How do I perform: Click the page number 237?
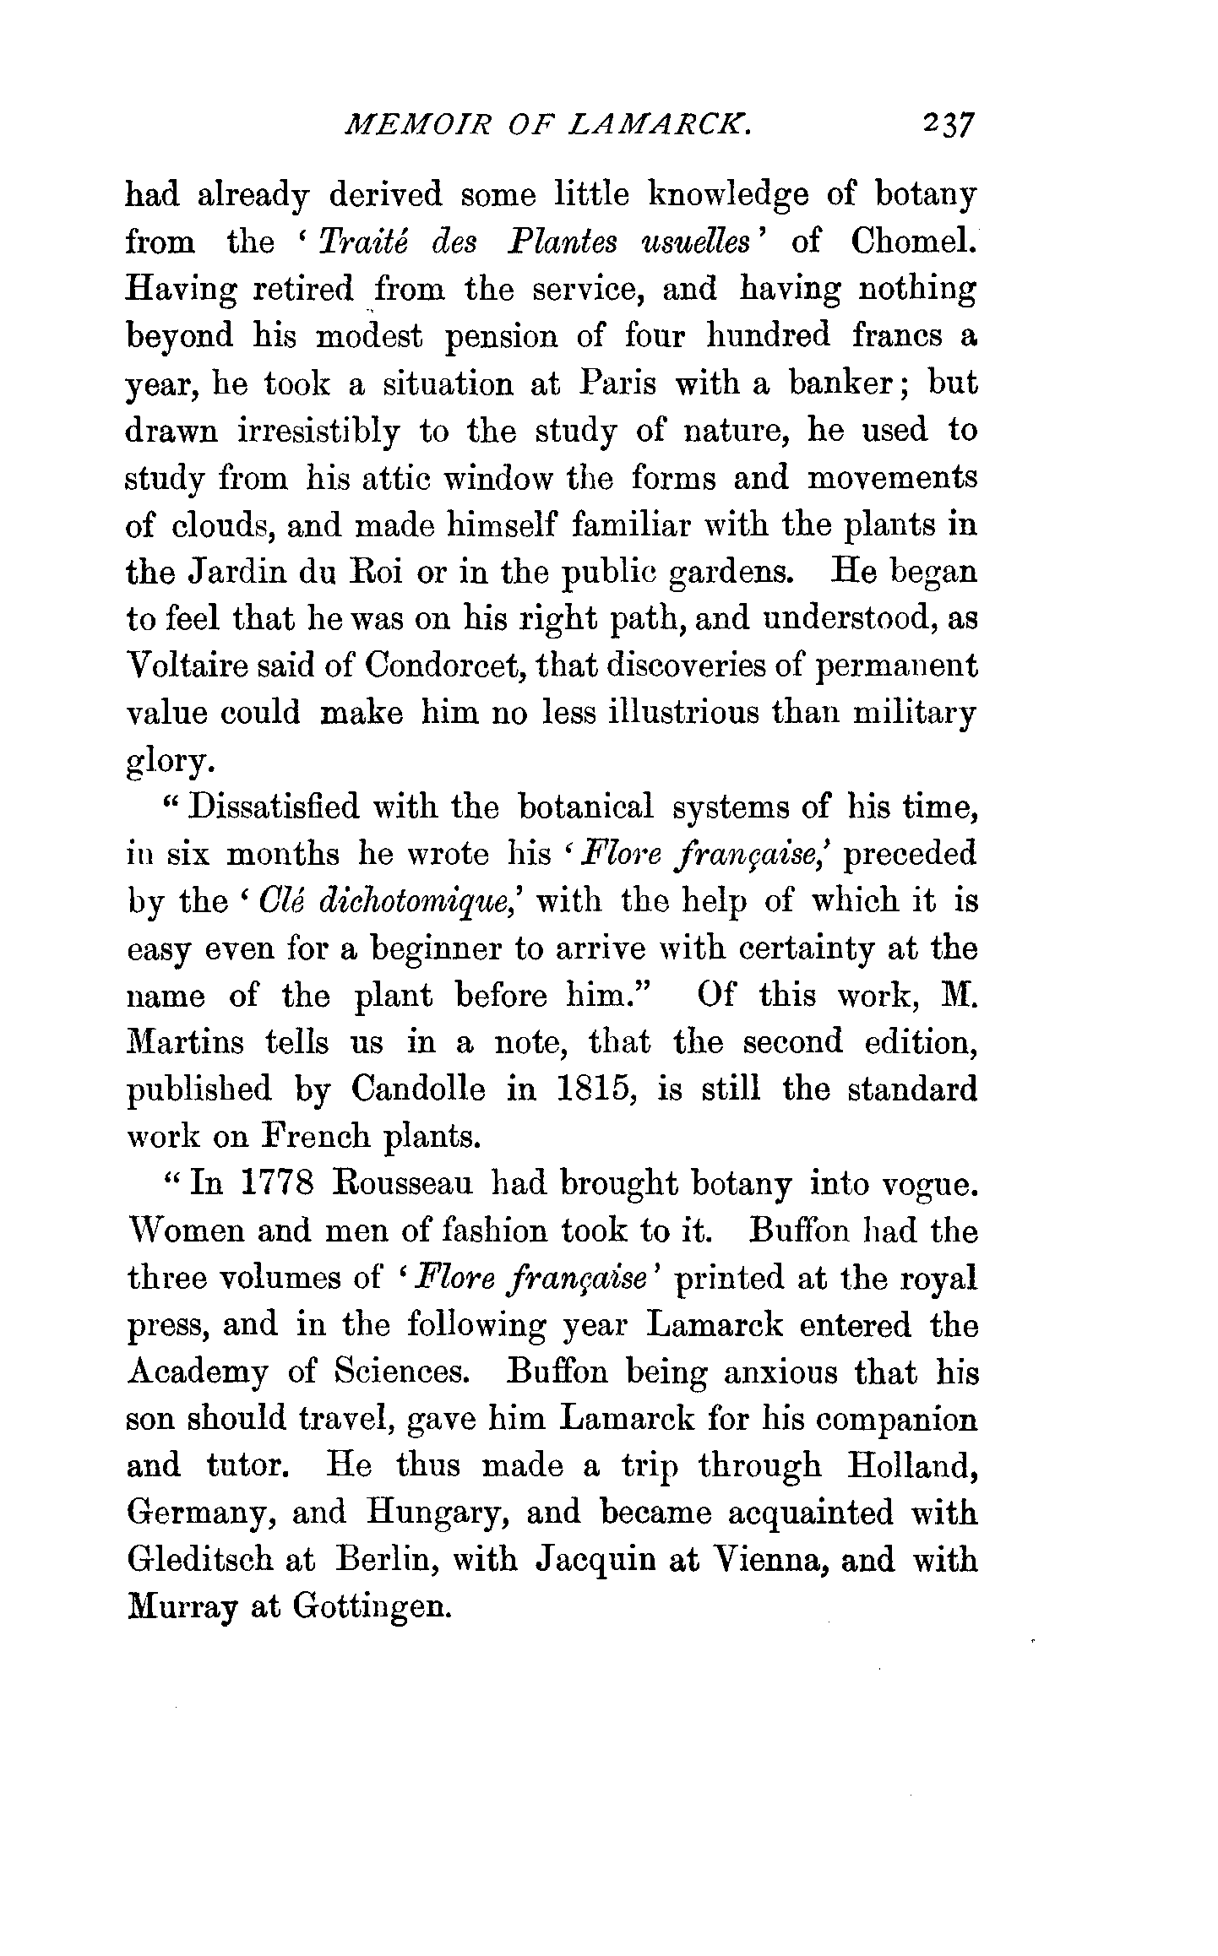click(949, 125)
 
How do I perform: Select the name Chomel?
click(913, 242)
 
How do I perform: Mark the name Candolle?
click(418, 1089)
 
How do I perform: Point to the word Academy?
click(198, 1374)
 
